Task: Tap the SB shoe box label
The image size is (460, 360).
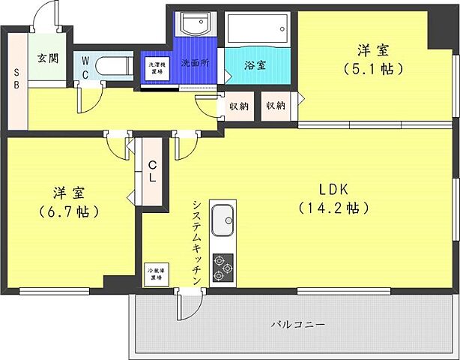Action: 16,73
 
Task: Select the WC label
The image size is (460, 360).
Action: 86,67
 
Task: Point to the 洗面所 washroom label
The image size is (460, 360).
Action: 195,64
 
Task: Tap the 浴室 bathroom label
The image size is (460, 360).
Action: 255,64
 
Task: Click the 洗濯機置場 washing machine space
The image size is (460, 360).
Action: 155,67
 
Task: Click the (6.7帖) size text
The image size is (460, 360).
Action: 68,211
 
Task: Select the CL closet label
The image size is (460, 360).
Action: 152,172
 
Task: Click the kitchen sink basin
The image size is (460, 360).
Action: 223,222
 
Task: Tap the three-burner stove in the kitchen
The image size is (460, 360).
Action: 223,268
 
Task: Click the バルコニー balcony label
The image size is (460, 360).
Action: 297,325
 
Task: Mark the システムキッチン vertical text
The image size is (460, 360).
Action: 196,241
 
